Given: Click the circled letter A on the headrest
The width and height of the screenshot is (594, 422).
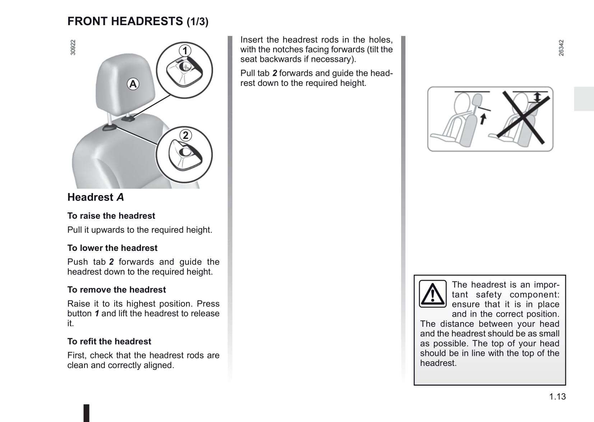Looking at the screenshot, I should pyautogui.click(x=133, y=84).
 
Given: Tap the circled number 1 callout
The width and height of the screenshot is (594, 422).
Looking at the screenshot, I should pyautogui.click(x=185, y=51).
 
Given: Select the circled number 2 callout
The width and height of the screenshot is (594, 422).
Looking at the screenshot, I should pyautogui.click(x=185, y=136).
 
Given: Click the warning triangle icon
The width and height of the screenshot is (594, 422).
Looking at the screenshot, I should pyautogui.click(x=433, y=294).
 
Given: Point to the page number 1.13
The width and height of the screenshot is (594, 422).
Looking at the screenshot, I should pyautogui.click(x=557, y=396).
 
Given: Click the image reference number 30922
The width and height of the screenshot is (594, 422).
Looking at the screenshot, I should pyautogui.click(x=73, y=47).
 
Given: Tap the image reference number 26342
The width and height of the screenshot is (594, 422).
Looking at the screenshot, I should pyautogui.click(x=561, y=48).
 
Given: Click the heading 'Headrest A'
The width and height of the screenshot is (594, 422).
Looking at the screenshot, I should pyautogui.click(x=96, y=197).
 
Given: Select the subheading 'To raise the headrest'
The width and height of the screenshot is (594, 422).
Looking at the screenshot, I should pyautogui.click(x=111, y=216).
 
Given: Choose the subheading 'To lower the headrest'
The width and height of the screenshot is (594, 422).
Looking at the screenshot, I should pyautogui.click(x=112, y=248).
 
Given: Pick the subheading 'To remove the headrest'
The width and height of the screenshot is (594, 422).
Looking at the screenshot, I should pyautogui.click(x=117, y=290).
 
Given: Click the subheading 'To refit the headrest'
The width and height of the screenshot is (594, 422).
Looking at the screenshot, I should pyautogui.click(x=109, y=341).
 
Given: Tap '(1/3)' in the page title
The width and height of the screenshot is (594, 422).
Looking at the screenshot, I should pyautogui.click(x=198, y=22).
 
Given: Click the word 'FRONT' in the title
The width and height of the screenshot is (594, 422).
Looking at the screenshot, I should pyautogui.click(x=87, y=22).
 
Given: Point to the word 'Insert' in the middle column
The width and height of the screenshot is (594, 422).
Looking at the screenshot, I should pyautogui.click(x=252, y=40).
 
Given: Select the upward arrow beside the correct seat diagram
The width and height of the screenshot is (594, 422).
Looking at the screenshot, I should pyautogui.click(x=483, y=118).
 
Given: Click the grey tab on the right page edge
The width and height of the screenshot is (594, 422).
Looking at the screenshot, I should pyautogui.click(x=584, y=99).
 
